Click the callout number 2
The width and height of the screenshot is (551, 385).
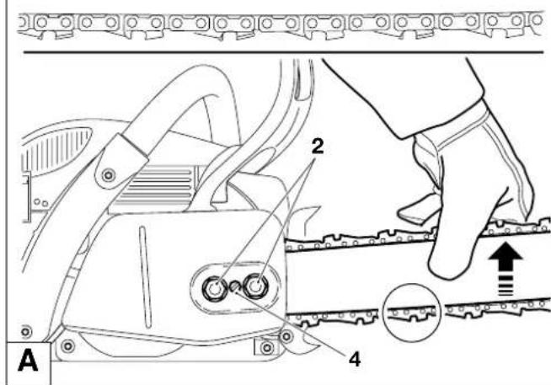[x=317, y=146]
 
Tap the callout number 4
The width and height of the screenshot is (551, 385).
[x=355, y=360]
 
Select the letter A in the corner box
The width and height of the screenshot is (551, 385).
[x=28, y=361]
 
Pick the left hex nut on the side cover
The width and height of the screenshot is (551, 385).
[x=214, y=288]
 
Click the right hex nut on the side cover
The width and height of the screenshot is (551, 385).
[x=256, y=286]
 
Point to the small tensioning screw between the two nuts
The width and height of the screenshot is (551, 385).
[x=234, y=286]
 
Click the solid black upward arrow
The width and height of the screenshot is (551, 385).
[x=506, y=258]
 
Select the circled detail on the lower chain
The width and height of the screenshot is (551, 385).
[x=411, y=312]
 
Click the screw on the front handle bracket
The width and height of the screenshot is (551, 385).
[x=108, y=174]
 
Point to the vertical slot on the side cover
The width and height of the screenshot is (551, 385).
[x=145, y=277]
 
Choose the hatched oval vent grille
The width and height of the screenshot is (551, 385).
[x=56, y=148]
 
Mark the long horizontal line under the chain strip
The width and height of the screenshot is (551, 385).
[x=283, y=53]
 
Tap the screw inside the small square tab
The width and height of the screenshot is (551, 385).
[x=267, y=348]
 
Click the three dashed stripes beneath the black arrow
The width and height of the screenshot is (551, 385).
[x=506, y=286]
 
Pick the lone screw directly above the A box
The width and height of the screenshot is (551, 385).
[x=26, y=332]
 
